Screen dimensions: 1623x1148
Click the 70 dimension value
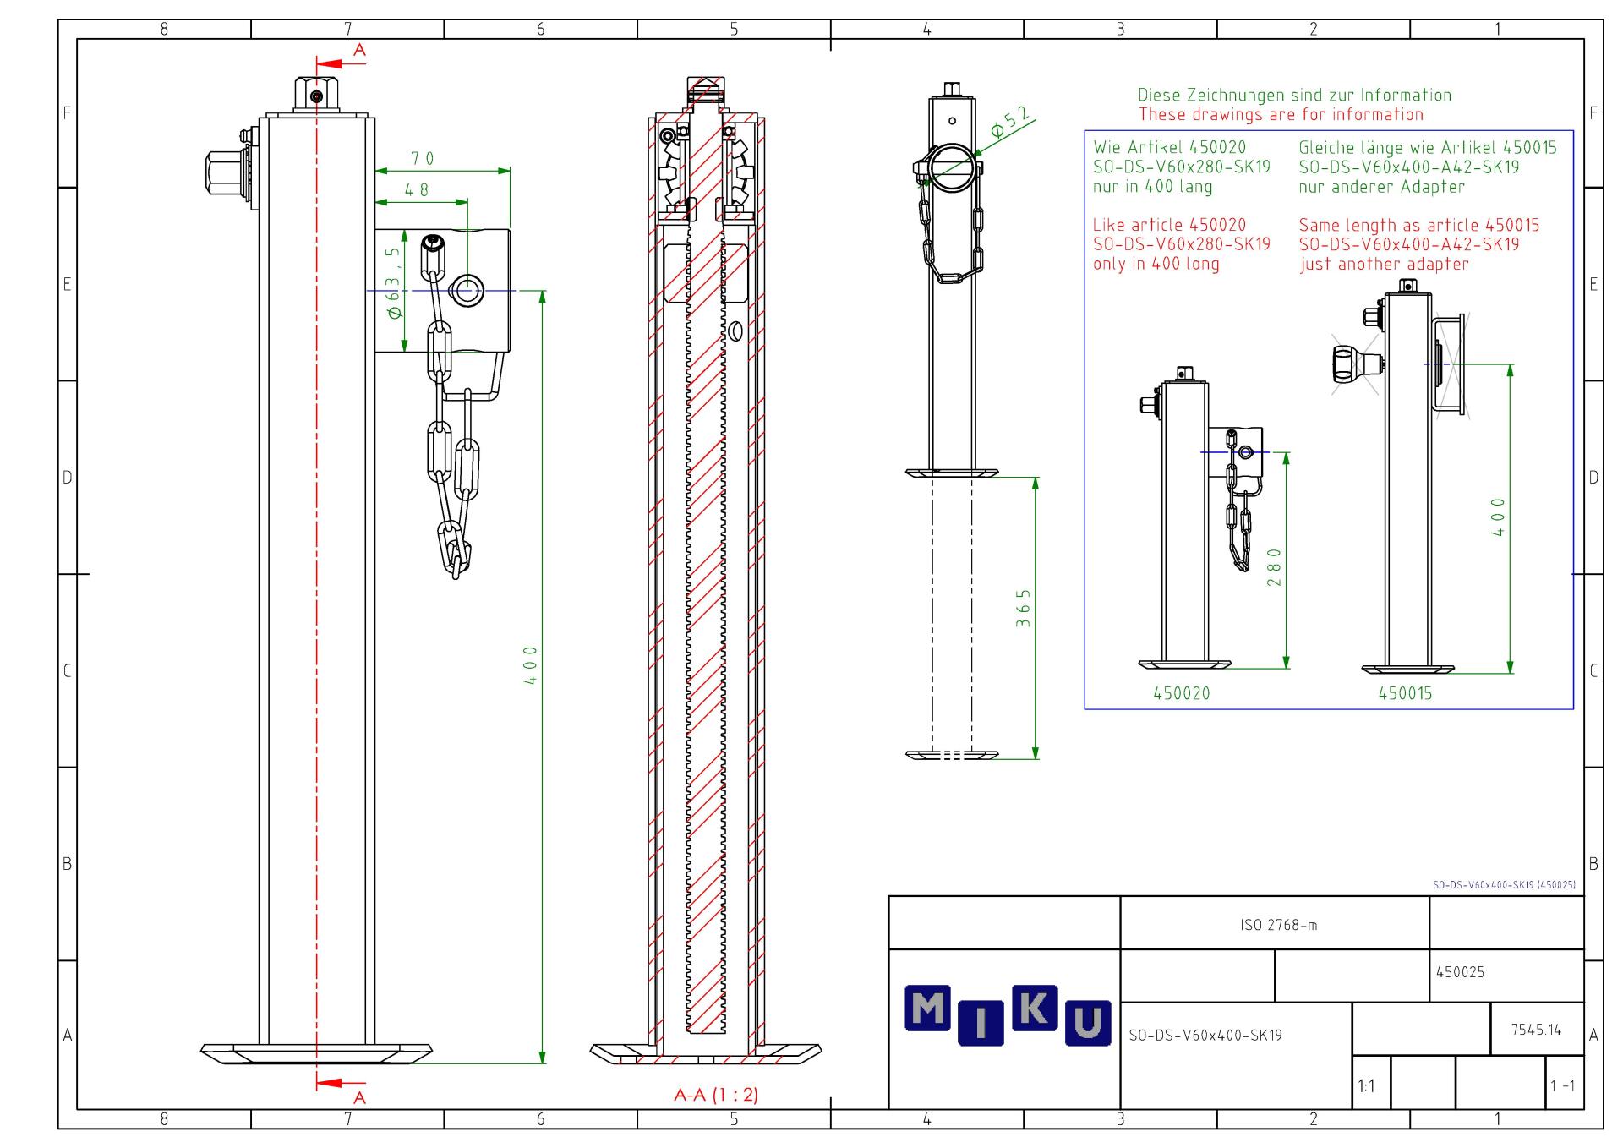(x=423, y=158)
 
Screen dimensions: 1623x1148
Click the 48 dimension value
(x=417, y=190)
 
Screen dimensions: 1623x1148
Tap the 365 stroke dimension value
(x=1024, y=609)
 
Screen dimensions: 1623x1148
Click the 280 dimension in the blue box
(x=1275, y=566)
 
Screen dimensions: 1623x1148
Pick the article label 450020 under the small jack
(x=1182, y=693)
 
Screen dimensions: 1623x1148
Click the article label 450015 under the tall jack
(x=1406, y=693)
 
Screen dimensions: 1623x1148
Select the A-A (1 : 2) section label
(x=716, y=1095)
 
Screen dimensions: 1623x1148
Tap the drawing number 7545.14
(x=1536, y=1030)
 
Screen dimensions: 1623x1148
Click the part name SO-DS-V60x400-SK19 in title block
(x=1205, y=1035)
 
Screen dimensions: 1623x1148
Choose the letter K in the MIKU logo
(x=1035, y=1007)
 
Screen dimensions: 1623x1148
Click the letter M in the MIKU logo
(x=928, y=1009)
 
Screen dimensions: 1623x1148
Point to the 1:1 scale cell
(x=1366, y=1086)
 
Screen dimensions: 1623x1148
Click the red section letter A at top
(x=359, y=51)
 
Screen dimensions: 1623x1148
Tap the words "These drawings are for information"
(x=1281, y=114)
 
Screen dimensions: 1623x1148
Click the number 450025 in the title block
(x=1461, y=972)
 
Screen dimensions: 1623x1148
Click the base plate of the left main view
(x=316, y=1053)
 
